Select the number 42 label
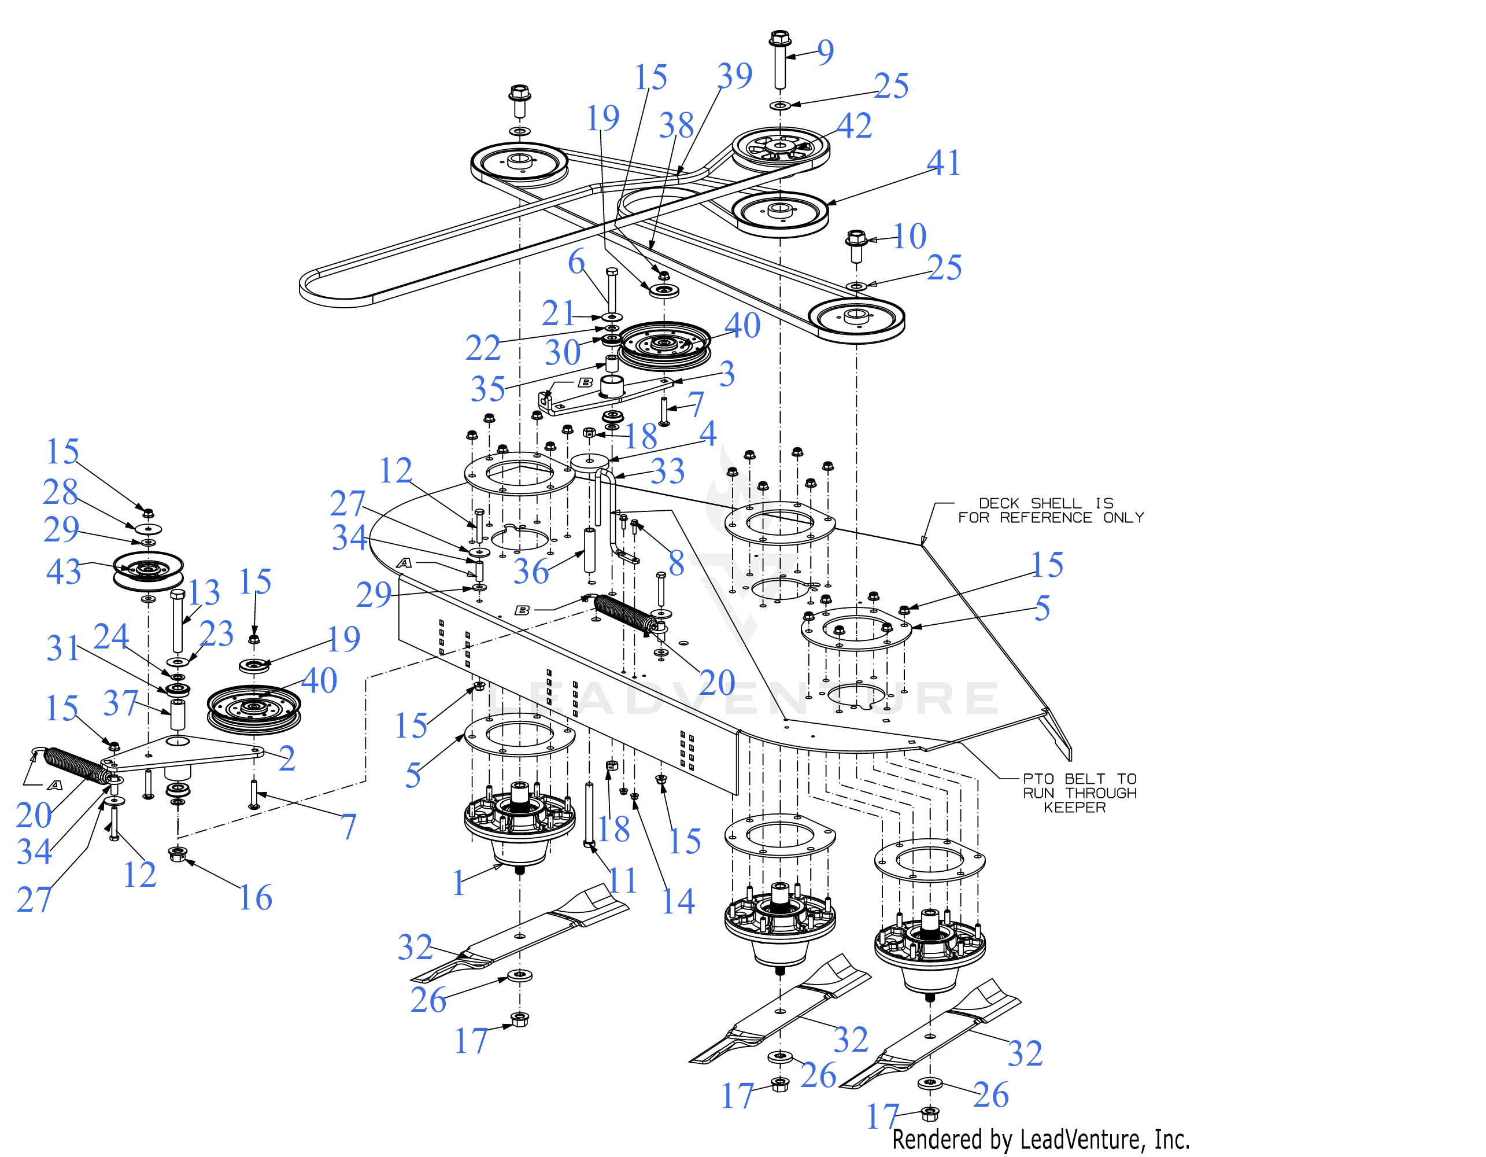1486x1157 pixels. click(x=854, y=126)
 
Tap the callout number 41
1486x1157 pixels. click(x=943, y=163)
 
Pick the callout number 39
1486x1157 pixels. click(x=735, y=76)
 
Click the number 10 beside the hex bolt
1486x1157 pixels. click(x=909, y=236)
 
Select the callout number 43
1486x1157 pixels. click(x=63, y=572)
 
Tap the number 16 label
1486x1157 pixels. click(x=255, y=898)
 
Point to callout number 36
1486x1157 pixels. click(x=531, y=571)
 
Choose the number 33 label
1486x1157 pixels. click(x=667, y=471)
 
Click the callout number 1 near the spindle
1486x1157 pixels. click(x=459, y=883)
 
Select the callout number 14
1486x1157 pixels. click(x=678, y=901)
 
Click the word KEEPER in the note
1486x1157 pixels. click(x=1075, y=808)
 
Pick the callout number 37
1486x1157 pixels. click(x=120, y=703)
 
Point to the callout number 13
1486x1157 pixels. click(x=204, y=593)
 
